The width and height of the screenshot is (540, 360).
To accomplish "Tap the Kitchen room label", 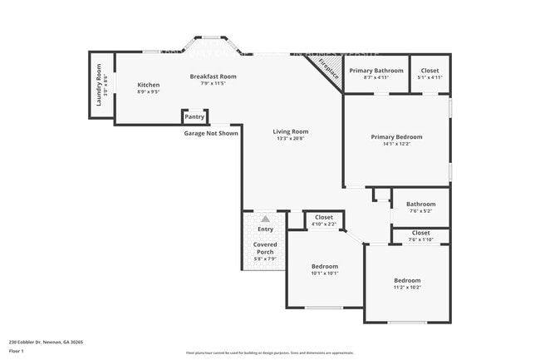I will click(x=148, y=85).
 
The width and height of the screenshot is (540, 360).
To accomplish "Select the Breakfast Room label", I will click(x=213, y=76).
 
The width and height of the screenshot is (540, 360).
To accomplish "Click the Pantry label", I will click(x=194, y=117).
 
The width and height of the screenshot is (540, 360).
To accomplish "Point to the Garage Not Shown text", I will click(x=211, y=133).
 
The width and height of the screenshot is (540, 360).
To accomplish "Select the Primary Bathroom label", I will click(x=376, y=71).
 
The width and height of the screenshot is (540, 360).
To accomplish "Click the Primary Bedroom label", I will click(x=396, y=136).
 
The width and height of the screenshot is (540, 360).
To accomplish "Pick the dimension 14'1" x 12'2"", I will click(x=396, y=144).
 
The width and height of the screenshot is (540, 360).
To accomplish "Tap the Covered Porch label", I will click(x=265, y=248).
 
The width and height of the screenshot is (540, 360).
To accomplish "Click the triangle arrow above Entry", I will click(x=265, y=219).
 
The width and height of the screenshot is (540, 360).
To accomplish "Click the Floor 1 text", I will click(x=17, y=351).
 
